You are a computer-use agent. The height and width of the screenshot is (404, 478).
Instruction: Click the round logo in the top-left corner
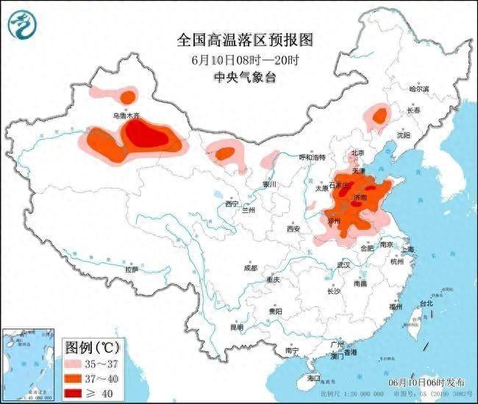coord(21,26)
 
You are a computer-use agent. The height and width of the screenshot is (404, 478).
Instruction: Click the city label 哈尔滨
coord(419,88)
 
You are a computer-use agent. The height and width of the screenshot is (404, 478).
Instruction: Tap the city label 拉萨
coord(131,270)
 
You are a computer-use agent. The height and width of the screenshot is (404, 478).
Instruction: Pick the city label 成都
coord(251,267)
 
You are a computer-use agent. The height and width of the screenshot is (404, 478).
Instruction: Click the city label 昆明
coord(236,327)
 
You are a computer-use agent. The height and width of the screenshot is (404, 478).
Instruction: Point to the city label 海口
coord(315,378)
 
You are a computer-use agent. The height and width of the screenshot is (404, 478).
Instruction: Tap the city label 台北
coord(426,303)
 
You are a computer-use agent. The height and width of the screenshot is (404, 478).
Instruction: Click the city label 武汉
coord(342,264)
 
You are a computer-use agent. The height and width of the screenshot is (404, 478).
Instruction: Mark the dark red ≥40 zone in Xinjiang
coord(151,135)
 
